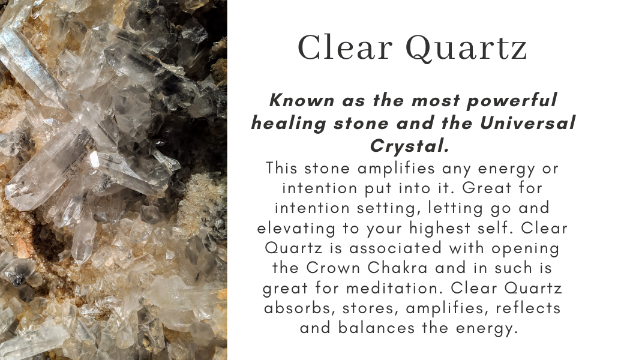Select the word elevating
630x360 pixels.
pyautogui.click(x=290, y=229)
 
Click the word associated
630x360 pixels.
pyautogui.click(x=372, y=248)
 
